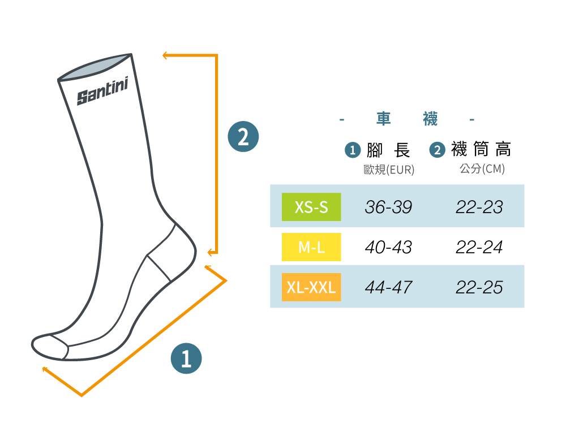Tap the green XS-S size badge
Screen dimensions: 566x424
tap(311, 207)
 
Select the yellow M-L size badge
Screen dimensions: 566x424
tap(311, 247)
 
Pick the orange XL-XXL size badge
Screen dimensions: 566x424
tap(311, 287)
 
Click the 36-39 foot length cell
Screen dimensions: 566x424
tap(388, 207)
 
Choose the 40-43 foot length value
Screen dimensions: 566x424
tap(388, 247)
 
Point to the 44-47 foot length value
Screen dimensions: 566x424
tap(388, 287)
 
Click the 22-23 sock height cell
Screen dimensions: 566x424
tap(479, 207)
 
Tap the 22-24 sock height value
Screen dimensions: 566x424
tap(479, 247)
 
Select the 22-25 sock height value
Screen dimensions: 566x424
tap(479, 287)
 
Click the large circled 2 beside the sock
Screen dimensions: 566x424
tap(243, 137)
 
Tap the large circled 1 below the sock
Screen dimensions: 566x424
tap(186, 358)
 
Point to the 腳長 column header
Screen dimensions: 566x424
tap(388, 150)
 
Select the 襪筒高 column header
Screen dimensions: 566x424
tap(481, 150)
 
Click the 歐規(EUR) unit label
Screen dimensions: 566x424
tap(389, 170)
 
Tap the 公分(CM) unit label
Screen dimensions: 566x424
tap(482, 169)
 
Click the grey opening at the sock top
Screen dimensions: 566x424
tap(95, 68)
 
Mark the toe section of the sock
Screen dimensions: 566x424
tap(49, 347)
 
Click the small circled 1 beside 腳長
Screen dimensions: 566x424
tap(353, 150)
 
